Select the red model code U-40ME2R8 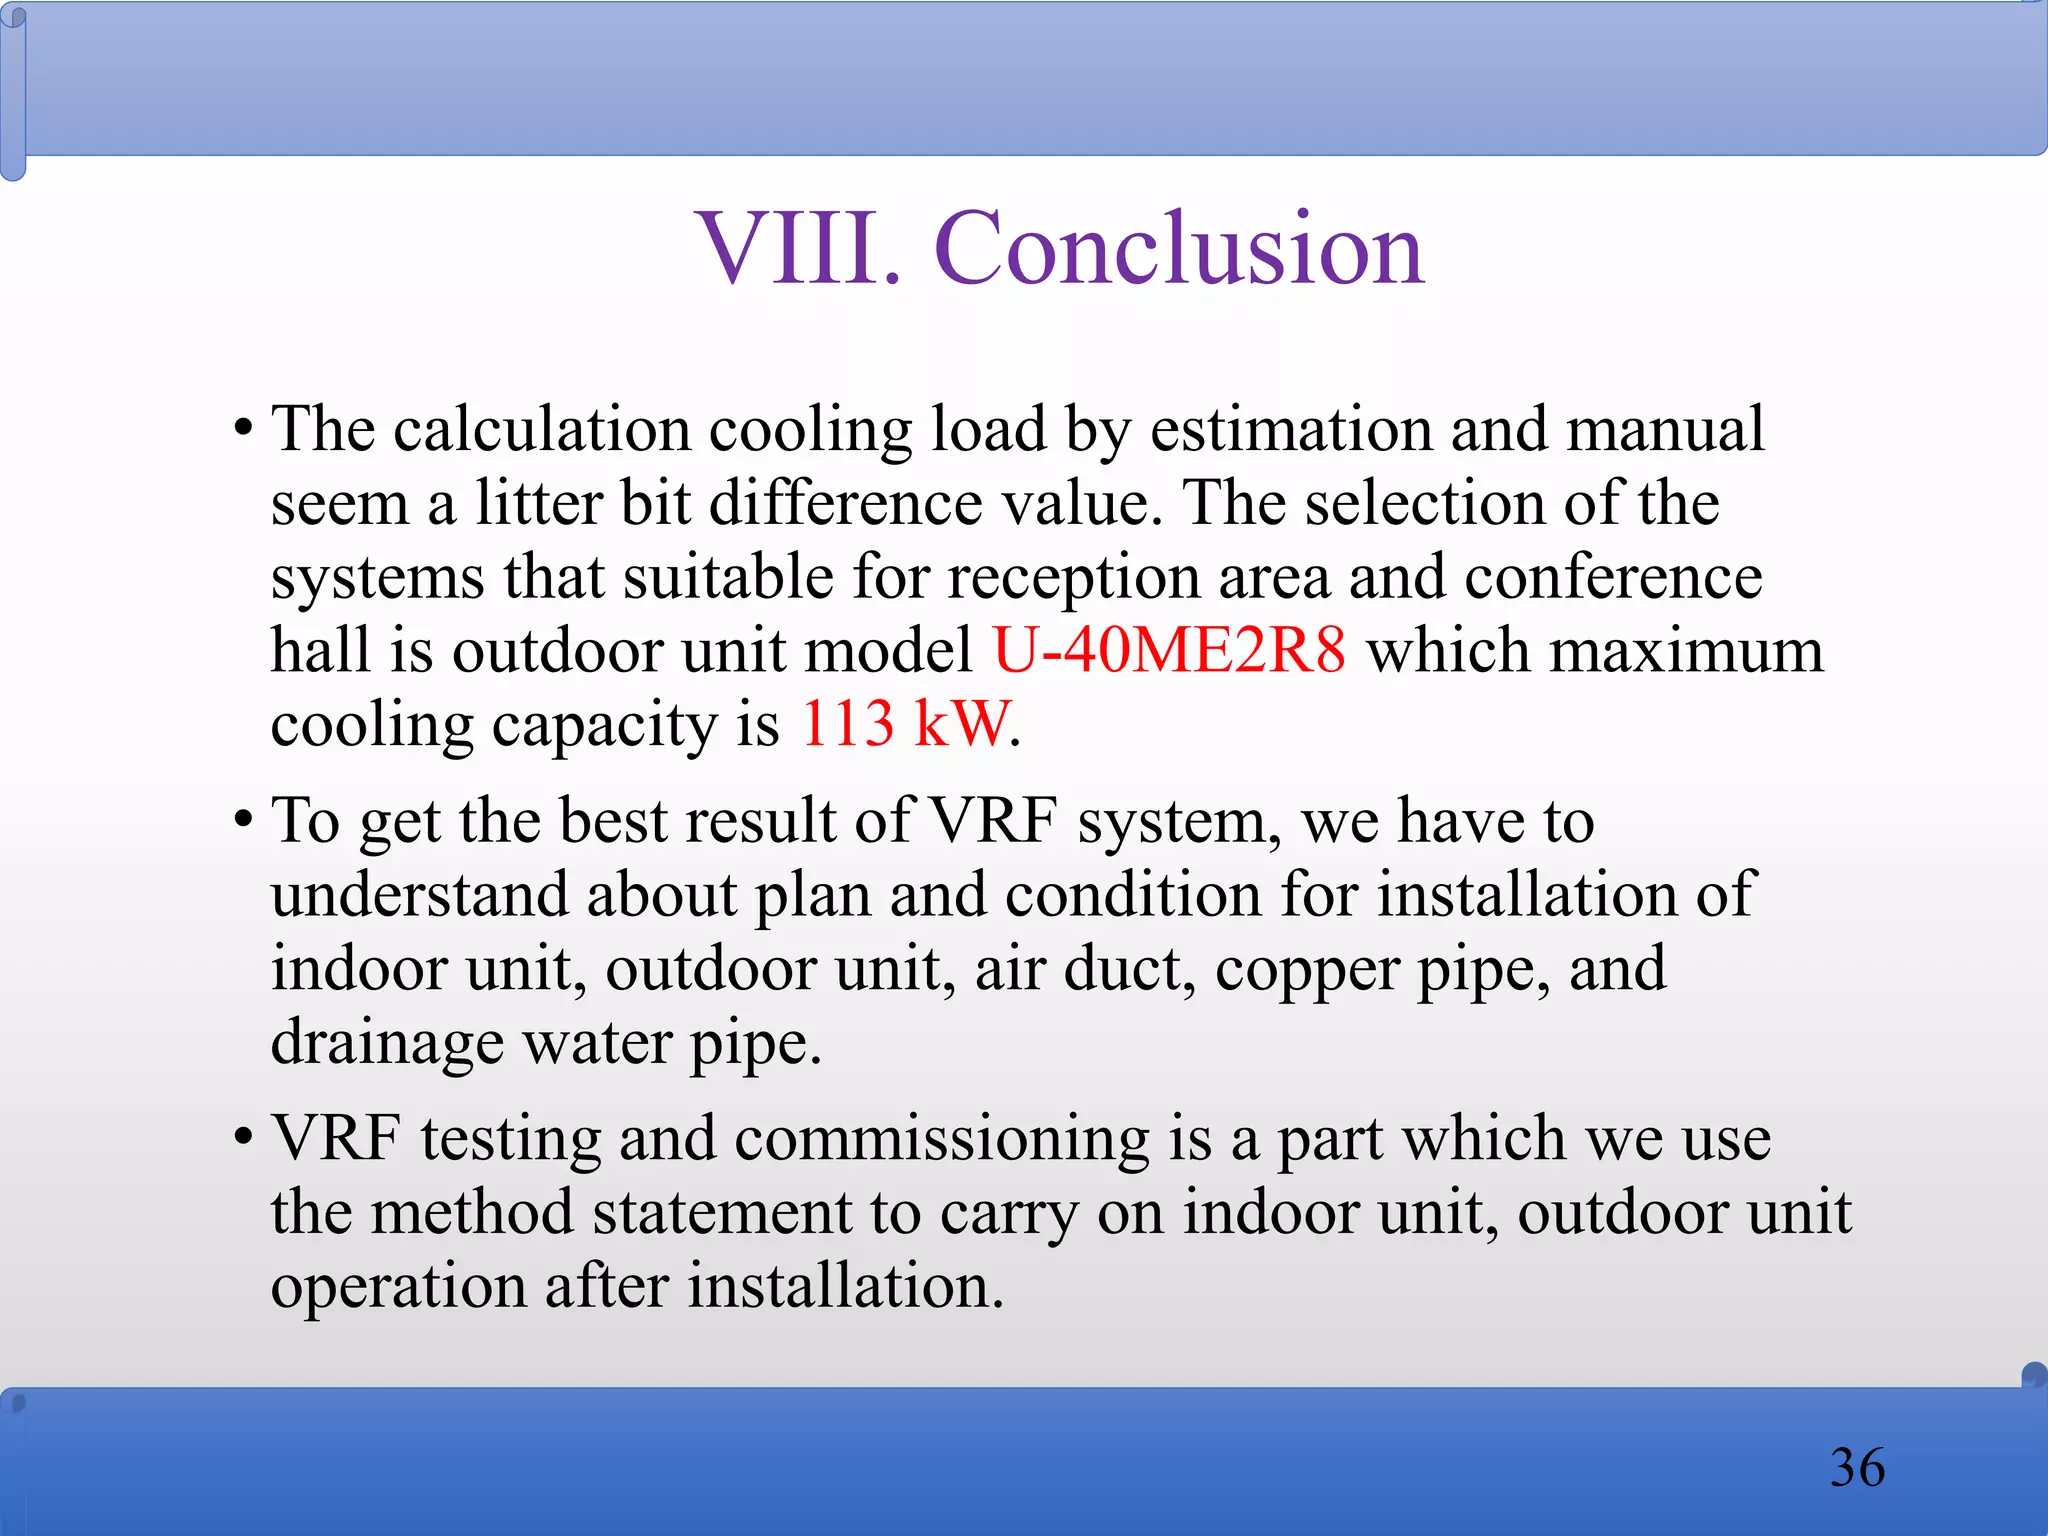(x=1169, y=650)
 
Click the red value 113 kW (x=906, y=723)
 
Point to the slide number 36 (x=1857, y=1467)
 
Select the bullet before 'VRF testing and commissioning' (x=243, y=1139)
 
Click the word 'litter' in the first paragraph (x=537, y=502)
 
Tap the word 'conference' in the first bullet (x=1613, y=578)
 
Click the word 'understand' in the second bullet (x=418, y=894)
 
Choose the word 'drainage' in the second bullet (x=387, y=1044)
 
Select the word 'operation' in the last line (x=398, y=1286)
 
